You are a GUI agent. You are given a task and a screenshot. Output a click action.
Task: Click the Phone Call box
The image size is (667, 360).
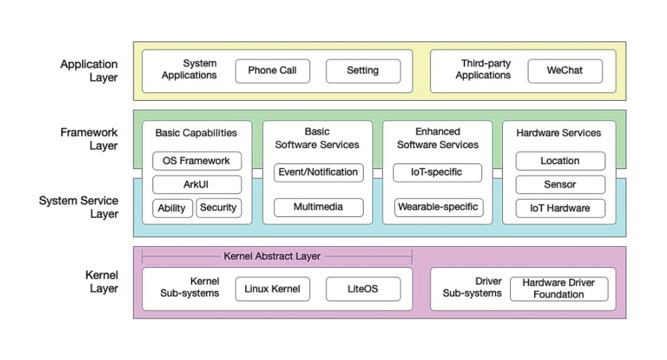pos(272,71)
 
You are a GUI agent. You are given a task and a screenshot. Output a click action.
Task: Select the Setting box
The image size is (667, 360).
pos(363,71)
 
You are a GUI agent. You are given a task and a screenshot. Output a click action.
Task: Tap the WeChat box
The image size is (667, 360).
pos(565,71)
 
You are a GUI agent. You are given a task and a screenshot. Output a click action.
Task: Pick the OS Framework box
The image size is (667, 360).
pos(197,161)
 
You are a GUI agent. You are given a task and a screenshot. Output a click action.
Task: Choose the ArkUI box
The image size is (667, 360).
pos(197,184)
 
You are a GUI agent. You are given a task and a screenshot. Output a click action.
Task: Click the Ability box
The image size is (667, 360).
pos(172,208)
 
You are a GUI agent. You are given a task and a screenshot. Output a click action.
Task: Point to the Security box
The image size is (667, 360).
pos(218,208)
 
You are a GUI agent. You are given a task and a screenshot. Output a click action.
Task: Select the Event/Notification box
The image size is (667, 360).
pos(318,173)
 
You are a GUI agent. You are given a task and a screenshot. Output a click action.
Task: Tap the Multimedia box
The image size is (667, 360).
pos(318,208)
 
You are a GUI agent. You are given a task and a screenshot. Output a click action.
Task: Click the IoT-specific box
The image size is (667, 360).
pos(438,173)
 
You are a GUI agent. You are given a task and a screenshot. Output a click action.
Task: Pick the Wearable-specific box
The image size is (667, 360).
pos(438,208)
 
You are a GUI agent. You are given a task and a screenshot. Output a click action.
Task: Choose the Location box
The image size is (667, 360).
pos(560,161)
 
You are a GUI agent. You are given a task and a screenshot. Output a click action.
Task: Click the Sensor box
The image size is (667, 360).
pos(560,185)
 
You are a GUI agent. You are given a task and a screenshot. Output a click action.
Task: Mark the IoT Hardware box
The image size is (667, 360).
pos(560,208)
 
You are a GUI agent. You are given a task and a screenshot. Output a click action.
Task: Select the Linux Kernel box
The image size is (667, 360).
pos(272,289)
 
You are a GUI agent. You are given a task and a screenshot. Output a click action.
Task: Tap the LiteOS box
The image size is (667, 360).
pos(363,289)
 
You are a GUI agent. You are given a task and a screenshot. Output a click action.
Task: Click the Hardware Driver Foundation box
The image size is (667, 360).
pos(558,289)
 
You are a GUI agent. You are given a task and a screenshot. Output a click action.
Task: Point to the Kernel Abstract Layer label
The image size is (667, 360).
pos(272,256)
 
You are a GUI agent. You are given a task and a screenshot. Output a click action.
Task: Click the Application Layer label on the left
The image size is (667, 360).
pos(89,71)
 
